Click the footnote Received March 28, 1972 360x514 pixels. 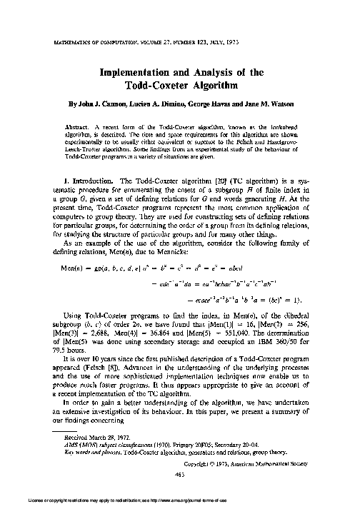(91, 439)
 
